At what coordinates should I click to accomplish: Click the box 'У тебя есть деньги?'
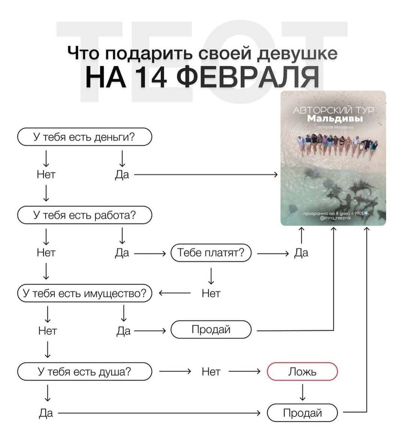pos(84,137)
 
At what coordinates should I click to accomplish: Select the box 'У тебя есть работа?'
pos(84,215)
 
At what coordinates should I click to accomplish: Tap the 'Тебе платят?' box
pos(211,253)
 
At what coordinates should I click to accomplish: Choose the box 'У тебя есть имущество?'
pos(84,293)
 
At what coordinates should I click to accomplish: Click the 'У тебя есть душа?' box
pos(84,372)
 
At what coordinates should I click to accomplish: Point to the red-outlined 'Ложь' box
pos(302,372)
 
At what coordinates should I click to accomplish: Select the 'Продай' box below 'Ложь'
pos(302,413)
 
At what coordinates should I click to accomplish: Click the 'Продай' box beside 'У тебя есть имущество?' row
pos(211,330)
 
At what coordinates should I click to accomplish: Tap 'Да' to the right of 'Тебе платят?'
pos(301,253)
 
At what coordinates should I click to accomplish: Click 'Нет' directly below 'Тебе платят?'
pos(211,293)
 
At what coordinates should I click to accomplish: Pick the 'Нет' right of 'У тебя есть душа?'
pos(211,372)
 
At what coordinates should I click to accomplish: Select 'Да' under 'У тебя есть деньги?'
pos(122,175)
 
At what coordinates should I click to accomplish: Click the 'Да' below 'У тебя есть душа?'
pos(46,413)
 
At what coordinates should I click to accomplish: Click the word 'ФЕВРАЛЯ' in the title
pos(247,77)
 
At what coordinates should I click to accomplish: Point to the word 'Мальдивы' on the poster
pos(335,119)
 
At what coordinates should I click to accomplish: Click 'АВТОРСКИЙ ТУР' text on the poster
pos(334,110)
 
